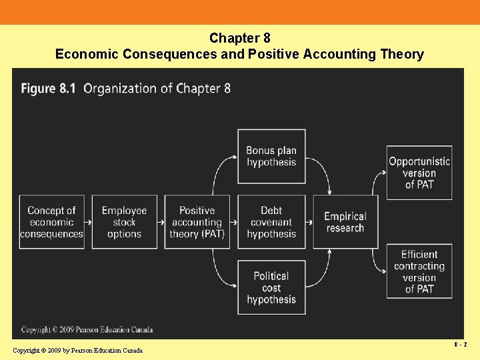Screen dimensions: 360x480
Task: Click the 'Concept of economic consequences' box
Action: point(51,222)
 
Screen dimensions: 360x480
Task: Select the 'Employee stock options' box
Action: point(124,222)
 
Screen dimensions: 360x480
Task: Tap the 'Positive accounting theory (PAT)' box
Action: point(197,222)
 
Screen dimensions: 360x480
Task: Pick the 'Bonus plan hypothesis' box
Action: point(271,157)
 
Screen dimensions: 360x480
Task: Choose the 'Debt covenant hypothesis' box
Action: point(271,222)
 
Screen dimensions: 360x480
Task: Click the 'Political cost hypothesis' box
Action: point(271,287)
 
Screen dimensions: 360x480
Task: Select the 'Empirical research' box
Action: point(345,222)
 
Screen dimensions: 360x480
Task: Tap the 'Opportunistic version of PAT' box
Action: point(419,173)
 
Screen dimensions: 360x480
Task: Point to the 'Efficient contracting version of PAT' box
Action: point(419,271)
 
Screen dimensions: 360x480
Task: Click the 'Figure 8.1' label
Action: point(49,88)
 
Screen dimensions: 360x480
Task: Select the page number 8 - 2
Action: point(460,345)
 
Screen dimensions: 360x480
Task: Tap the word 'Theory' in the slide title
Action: point(401,54)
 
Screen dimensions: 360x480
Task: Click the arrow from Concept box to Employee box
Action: point(88,222)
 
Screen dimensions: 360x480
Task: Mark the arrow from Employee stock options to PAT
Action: point(161,222)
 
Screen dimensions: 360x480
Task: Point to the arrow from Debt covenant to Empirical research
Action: point(309,222)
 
